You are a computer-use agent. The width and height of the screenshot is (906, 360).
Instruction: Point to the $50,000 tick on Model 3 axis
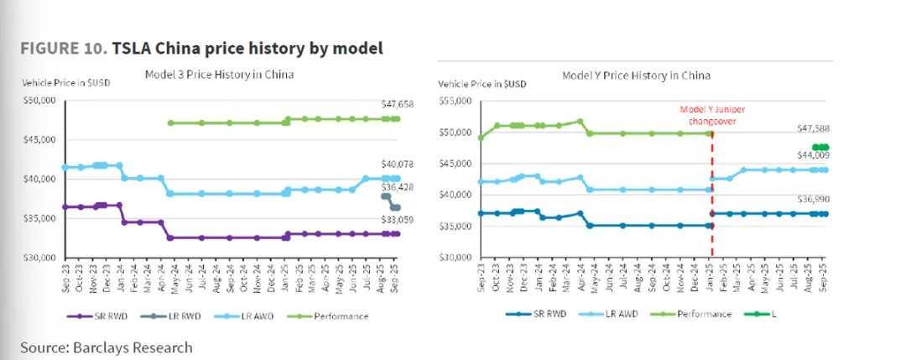tap(39, 100)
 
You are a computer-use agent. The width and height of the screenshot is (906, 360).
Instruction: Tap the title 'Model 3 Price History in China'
tap(218, 74)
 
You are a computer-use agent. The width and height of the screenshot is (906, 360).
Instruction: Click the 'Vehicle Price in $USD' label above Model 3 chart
tap(65, 82)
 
